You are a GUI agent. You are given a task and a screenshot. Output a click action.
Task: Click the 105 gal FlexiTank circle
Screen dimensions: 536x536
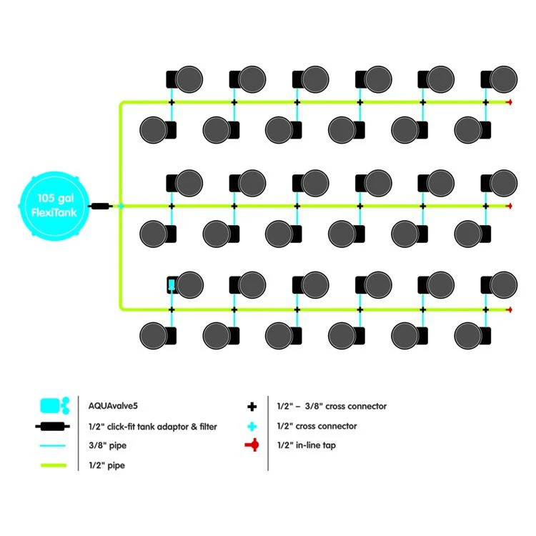[x=54, y=206]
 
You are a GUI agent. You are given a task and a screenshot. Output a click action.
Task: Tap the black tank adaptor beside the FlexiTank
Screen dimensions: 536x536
[x=100, y=206]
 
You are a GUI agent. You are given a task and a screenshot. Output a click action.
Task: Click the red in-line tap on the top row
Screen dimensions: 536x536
[x=510, y=103]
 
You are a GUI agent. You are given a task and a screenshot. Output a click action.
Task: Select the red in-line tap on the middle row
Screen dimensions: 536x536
[x=510, y=206]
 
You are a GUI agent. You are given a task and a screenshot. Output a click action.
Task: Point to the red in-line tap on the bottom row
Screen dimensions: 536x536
[x=510, y=309]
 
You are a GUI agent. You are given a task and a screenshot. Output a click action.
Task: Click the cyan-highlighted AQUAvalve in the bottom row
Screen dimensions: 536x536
[x=172, y=285]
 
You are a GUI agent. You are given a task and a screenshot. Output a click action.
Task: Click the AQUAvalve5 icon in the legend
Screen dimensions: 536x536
[x=54, y=406]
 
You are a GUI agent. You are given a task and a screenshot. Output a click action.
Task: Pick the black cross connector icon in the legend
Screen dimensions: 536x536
[x=252, y=407]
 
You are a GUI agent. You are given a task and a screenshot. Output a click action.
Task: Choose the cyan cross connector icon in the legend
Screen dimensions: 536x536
[x=252, y=426]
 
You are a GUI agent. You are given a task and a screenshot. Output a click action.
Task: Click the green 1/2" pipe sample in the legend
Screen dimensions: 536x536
[x=54, y=465]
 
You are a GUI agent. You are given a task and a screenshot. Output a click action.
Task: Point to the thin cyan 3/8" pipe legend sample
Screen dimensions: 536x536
[x=54, y=446]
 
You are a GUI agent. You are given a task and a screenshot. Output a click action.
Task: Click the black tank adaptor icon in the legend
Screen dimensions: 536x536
[x=54, y=427]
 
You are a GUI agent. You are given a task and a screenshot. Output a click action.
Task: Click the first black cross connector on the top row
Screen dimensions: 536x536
[x=172, y=103]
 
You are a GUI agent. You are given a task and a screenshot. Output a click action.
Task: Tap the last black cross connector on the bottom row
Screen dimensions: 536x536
[x=486, y=309]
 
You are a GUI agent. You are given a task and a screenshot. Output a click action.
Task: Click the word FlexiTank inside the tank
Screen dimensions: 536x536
[x=54, y=212]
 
